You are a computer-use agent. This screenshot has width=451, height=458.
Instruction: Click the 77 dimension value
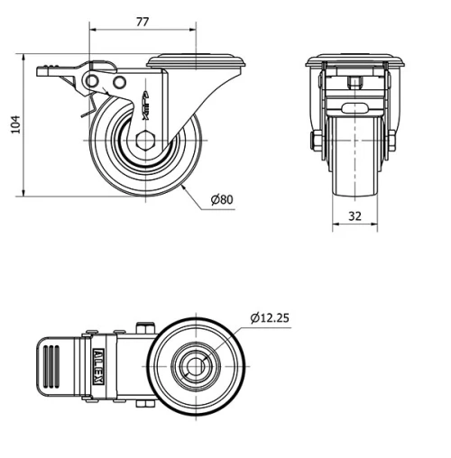(142, 22)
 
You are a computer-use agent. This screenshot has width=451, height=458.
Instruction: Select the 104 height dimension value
(13, 125)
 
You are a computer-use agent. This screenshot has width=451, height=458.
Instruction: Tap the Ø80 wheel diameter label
(222, 199)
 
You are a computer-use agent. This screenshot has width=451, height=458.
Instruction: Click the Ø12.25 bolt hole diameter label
(270, 317)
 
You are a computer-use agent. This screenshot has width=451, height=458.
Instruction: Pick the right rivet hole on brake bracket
(118, 83)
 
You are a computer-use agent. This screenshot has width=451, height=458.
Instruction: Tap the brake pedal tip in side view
(43, 70)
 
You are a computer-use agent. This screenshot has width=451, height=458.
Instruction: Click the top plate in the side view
(196, 62)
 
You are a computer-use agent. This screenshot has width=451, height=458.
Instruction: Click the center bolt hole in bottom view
(195, 365)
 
